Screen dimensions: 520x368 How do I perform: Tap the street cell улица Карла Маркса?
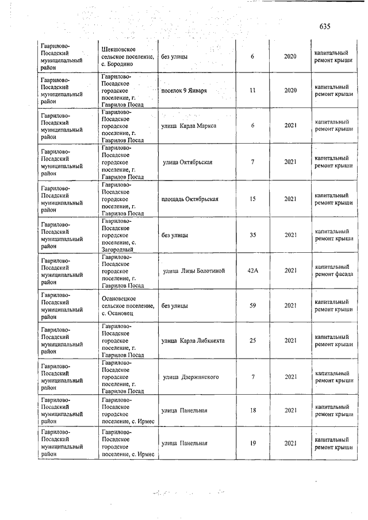pyautogui.click(x=189, y=126)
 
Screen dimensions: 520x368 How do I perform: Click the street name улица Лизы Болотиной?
pyautogui.click(x=194, y=271)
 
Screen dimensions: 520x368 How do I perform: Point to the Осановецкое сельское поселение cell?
pyautogui.click(x=127, y=306)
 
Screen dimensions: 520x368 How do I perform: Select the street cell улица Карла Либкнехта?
pyautogui.click(x=193, y=341)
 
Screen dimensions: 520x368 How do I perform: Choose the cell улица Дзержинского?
pyautogui.click(x=191, y=377)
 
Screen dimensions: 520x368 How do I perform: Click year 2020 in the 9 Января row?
pyautogui.click(x=290, y=91)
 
